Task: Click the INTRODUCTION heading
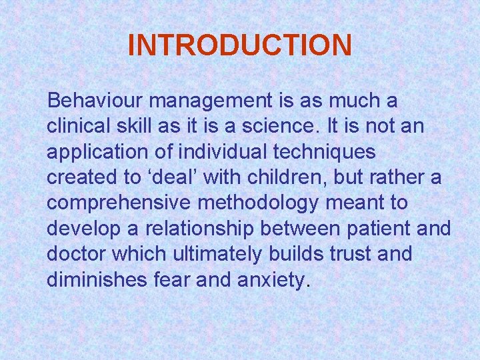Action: [239, 45]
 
